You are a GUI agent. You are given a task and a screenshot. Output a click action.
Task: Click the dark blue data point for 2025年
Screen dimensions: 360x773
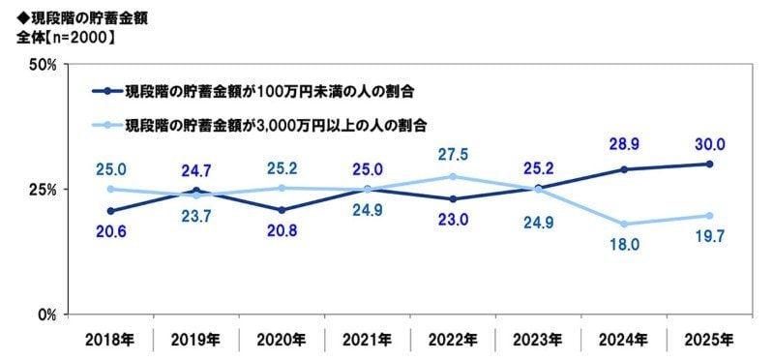tap(709, 164)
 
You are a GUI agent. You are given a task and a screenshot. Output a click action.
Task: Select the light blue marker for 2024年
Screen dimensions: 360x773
tap(624, 224)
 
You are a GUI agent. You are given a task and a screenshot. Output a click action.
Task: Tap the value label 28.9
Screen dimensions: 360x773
tap(624, 146)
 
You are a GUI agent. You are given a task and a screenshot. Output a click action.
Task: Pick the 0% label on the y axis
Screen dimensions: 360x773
tap(47, 315)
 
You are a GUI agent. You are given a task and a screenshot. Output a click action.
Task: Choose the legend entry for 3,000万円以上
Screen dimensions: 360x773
tap(277, 125)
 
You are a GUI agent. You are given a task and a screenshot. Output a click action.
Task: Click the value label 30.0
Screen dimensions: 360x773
tap(709, 144)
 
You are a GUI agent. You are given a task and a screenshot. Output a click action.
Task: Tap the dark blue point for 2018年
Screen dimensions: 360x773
tap(110, 211)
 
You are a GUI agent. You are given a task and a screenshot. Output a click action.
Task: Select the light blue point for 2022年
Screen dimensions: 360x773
tap(453, 176)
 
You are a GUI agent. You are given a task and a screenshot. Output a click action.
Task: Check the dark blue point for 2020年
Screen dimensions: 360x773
tap(282, 210)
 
